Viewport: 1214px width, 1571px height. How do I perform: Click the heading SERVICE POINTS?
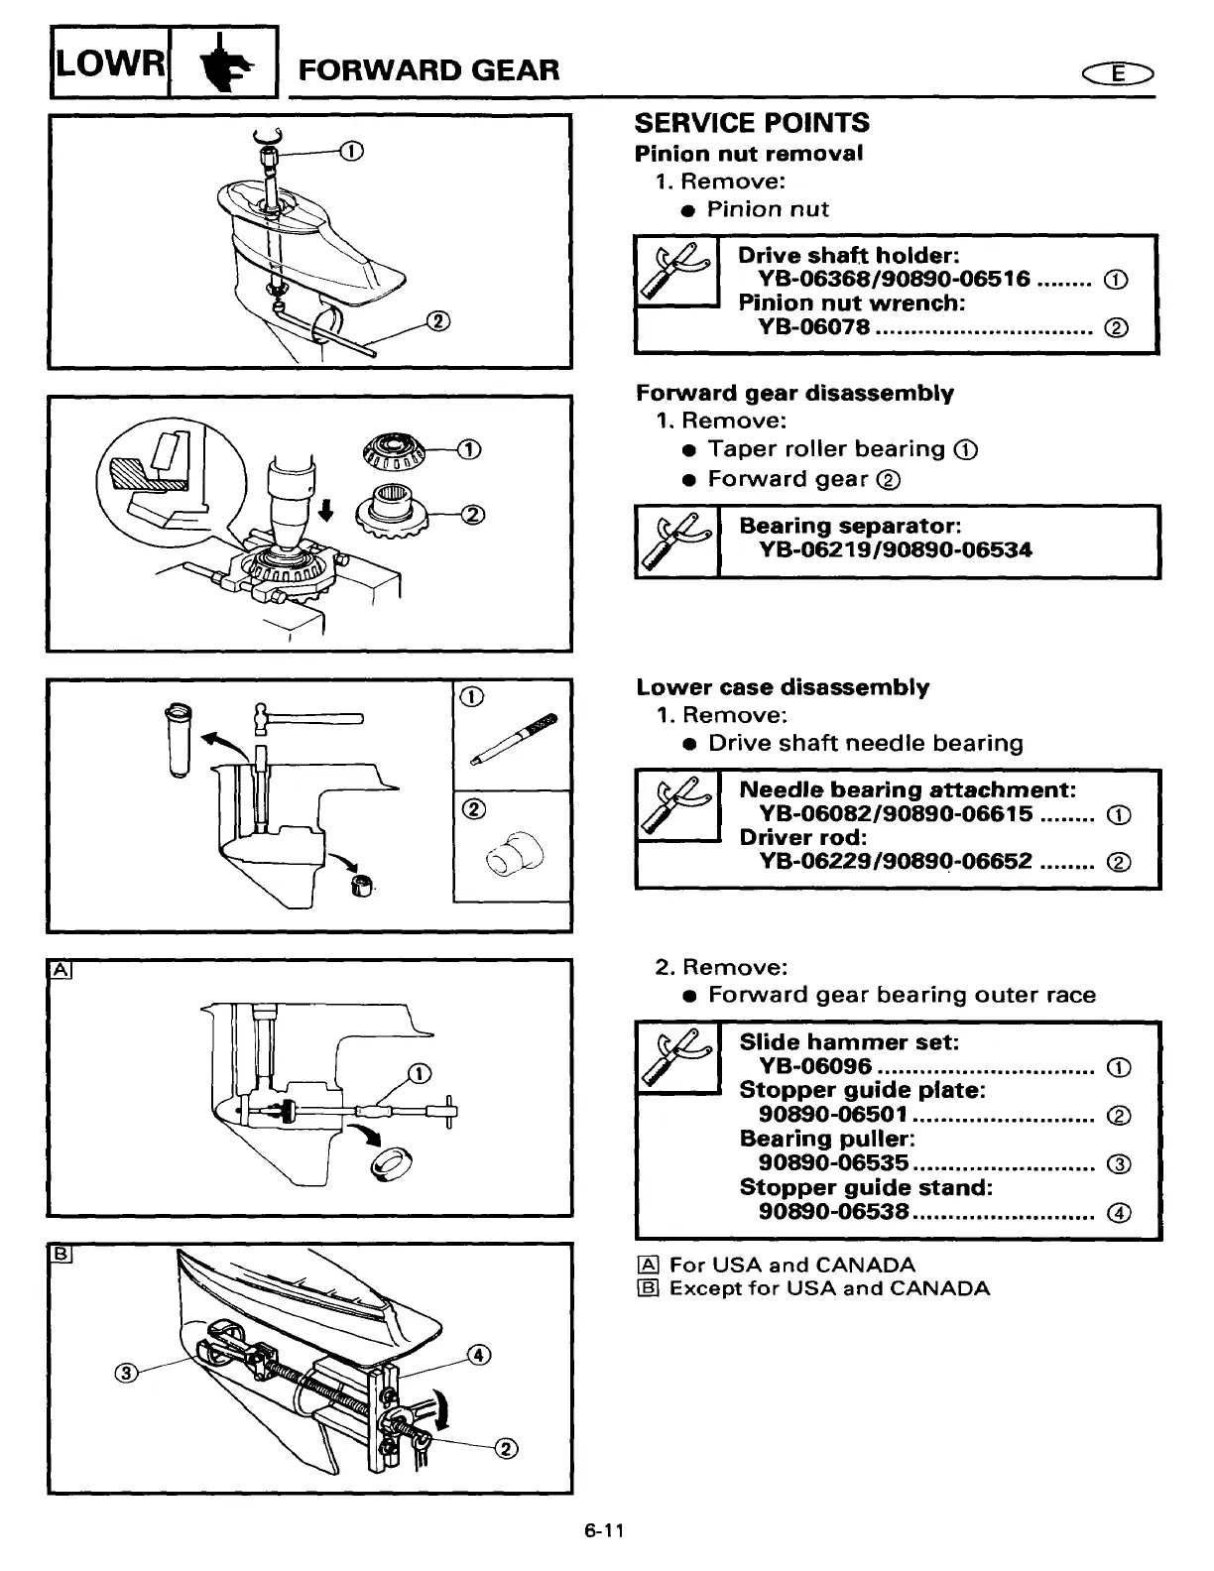tap(751, 123)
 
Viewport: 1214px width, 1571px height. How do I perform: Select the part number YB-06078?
tap(814, 327)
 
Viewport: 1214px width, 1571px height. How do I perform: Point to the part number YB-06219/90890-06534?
tap(896, 549)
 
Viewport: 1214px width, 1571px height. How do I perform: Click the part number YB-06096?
tap(815, 1066)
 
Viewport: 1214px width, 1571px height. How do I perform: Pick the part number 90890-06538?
tap(834, 1211)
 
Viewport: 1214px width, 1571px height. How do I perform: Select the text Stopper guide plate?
tap(861, 1090)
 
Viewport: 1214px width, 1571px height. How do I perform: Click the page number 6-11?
tap(604, 1530)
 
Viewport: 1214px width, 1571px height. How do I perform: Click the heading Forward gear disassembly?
tap(794, 393)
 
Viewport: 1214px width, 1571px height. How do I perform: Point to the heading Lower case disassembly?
tap(783, 687)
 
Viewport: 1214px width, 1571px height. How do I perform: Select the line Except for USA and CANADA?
tap(829, 1288)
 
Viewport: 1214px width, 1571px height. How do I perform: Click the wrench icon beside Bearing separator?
tap(677, 542)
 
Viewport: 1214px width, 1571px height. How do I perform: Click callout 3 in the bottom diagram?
tap(126, 1373)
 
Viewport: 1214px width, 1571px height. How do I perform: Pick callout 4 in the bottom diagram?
tap(479, 1355)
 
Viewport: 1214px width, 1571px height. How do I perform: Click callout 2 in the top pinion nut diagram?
tap(437, 320)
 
